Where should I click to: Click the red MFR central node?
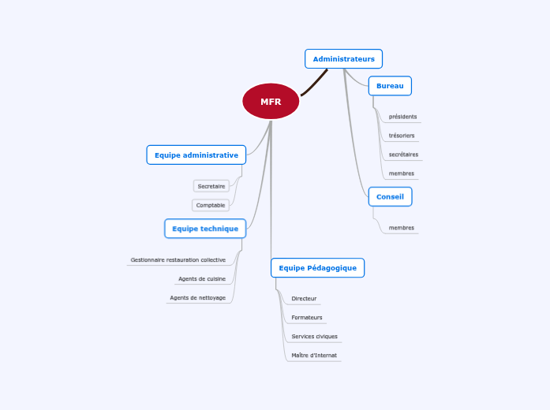(271, 101)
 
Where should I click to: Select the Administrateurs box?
(343, 59)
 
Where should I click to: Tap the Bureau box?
(390, 86)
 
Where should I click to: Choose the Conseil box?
(390, 196)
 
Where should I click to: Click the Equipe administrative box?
(196, 155)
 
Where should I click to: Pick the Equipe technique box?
(205, 229)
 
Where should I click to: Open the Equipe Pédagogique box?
(318, 268)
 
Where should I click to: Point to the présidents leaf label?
(402, 117)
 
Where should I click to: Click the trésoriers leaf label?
(402, 136)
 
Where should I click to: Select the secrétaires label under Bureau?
(403, 155)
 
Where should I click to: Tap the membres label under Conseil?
(402, 228)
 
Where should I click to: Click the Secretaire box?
(211, 186)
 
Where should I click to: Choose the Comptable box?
(211, 205)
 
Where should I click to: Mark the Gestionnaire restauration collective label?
(178, 260)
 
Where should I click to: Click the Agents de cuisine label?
(202, 279)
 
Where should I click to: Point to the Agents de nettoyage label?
(198, 298)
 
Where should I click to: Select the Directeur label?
(304, 299)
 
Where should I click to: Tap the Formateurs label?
(307, 318)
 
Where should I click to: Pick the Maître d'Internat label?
(314, 356)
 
